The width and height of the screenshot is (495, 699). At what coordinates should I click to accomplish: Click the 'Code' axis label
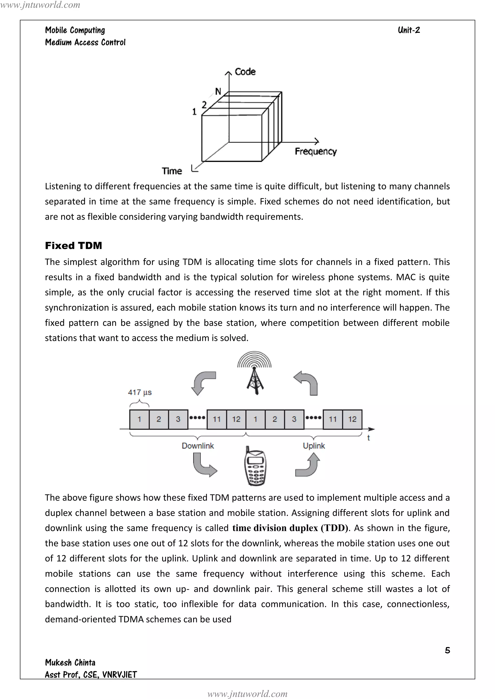pos(245,72)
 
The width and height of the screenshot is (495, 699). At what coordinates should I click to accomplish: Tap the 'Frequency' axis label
pos(315,151)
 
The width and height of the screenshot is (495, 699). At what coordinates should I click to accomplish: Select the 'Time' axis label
pos(172,171)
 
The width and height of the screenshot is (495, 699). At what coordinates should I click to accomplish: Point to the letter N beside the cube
pos(218,91)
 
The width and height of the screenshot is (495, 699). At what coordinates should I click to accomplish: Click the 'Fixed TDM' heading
pos(73,246)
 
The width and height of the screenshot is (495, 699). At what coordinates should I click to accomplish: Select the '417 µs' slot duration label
pos(140,392)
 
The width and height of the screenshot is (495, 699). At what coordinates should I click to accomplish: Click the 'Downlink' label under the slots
pos(198,446)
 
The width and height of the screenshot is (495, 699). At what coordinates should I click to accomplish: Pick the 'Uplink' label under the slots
pos(314,446)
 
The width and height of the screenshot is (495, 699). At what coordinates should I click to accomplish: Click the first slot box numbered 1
pos(139,419)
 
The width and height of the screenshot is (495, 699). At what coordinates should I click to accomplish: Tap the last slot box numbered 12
pos(352,419)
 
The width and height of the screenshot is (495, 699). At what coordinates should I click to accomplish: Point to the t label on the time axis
pos(369,438)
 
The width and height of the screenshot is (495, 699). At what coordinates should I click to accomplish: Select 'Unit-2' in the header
pos(409,30)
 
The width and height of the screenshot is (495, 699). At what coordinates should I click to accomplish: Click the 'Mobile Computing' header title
pos(75,30)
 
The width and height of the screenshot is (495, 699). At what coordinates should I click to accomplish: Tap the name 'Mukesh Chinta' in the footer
pos(70,663)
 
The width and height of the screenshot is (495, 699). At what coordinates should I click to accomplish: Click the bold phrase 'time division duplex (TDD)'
pos(290,528)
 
